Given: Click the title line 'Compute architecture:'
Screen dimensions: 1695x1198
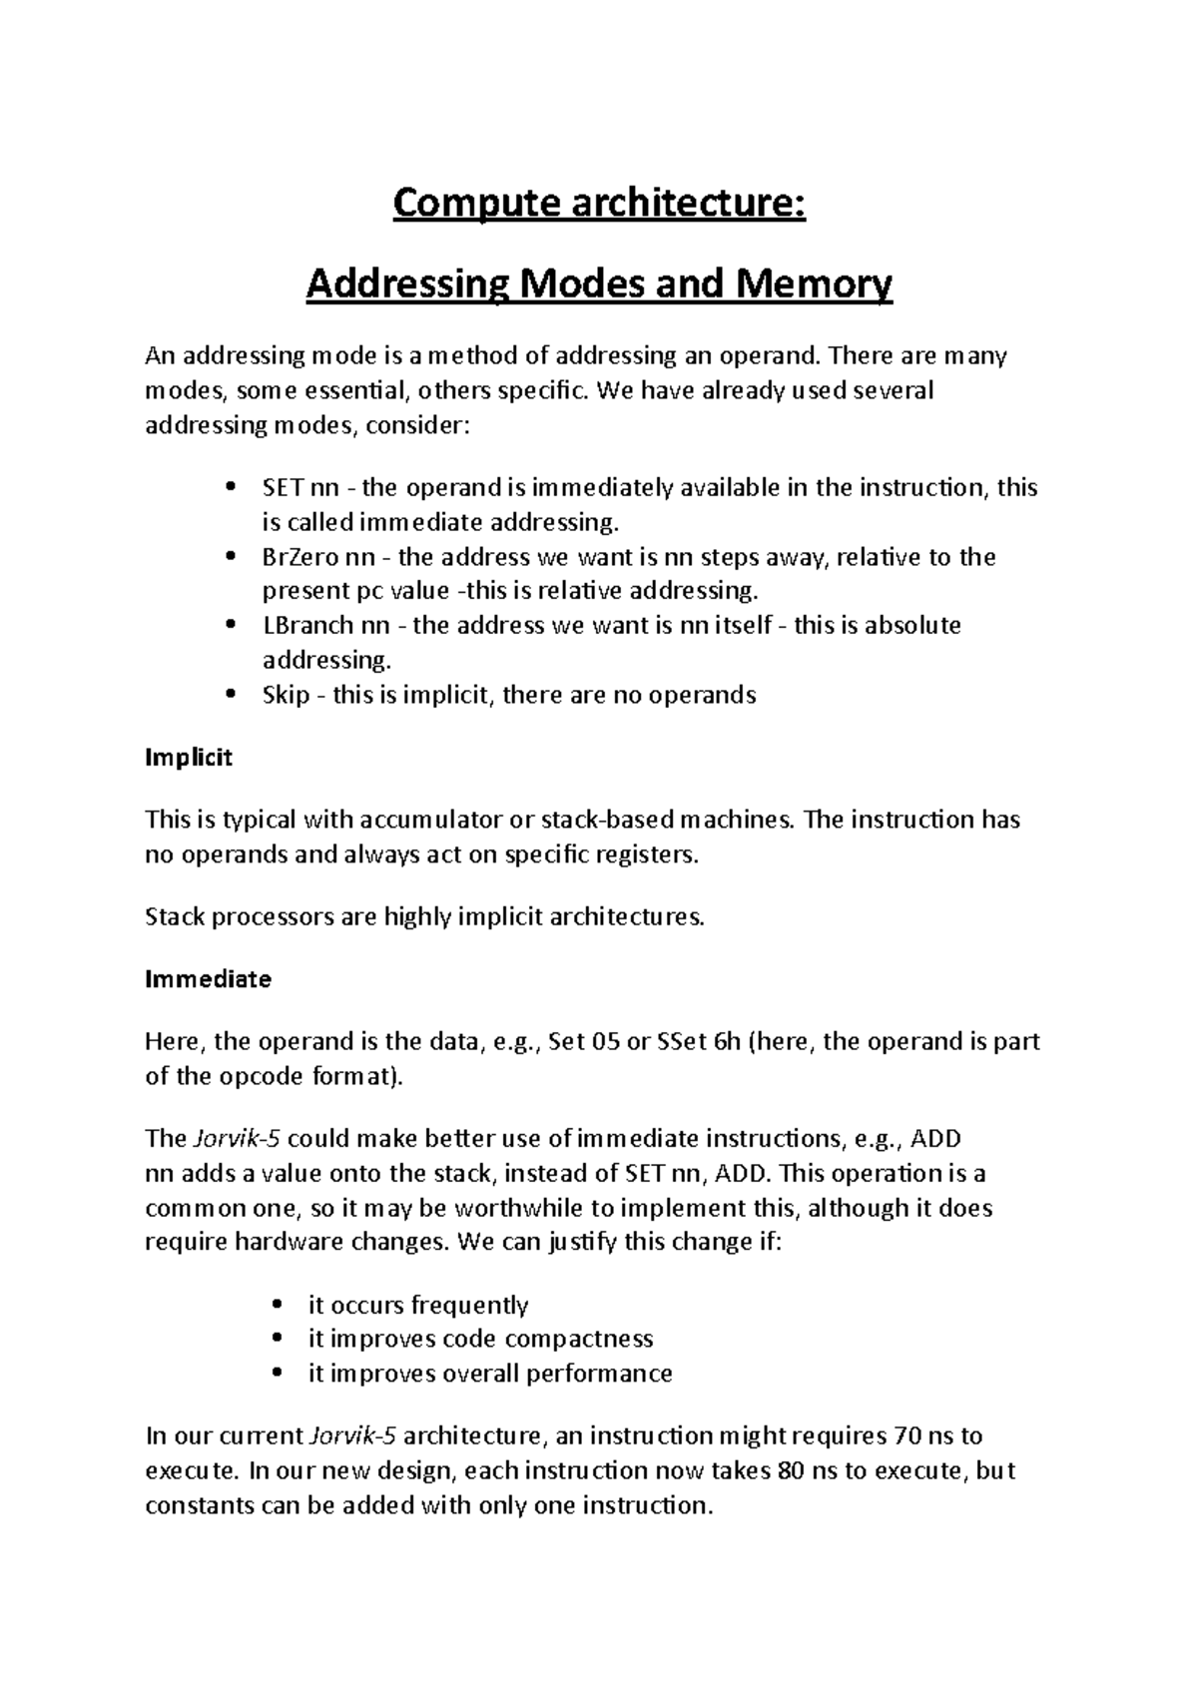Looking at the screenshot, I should click(598, 205).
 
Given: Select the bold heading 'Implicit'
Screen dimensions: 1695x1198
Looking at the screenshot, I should click(189, 758).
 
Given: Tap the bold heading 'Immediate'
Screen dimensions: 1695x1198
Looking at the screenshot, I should click(208, 979).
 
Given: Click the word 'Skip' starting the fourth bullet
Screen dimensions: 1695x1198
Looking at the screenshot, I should click(286, 695).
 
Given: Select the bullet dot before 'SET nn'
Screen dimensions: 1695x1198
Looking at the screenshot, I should click(231, 488).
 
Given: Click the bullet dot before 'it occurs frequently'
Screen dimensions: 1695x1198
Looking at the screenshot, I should click(278, 1306).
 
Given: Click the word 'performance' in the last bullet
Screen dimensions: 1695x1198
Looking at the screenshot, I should click(599, 1374).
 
